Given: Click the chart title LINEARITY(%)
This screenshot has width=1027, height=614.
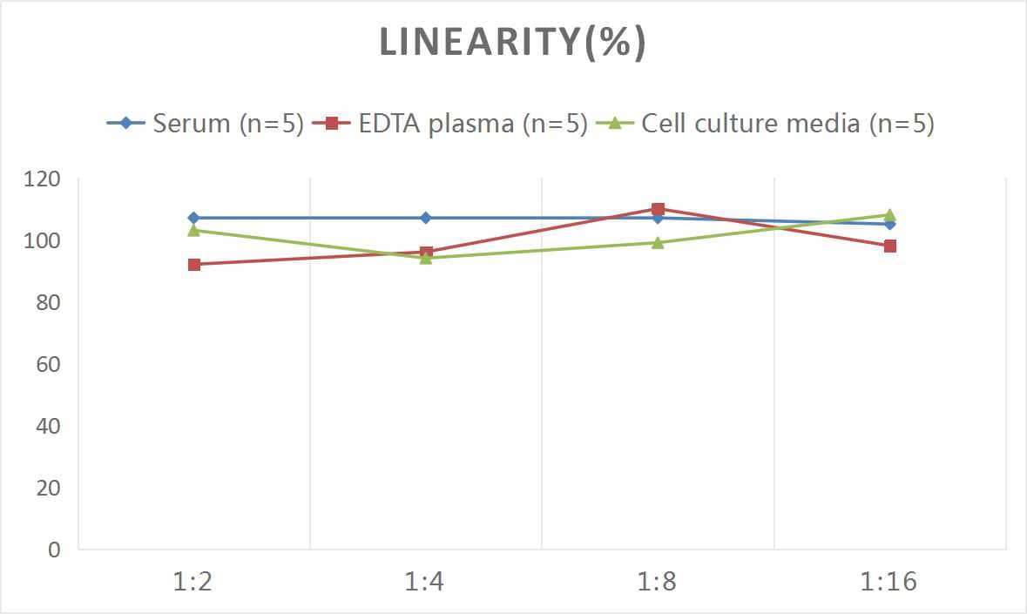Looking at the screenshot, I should click(x=512, y=44).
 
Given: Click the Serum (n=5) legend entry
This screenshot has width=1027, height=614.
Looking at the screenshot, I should click(x=205, y=124).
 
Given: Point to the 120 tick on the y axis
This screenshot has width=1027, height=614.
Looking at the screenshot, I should click(x=43, y=179).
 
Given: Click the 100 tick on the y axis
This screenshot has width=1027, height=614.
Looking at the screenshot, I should click(x=43, y=240).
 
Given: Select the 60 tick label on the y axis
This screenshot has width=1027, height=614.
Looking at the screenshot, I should click(x=48, y=364).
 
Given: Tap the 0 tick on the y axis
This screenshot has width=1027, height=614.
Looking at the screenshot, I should click(x=55, y=550).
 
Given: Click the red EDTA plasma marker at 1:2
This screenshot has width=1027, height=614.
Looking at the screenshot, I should click(x=194, y=265).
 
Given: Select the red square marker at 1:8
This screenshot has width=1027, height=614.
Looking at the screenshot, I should click(x=658, y=209).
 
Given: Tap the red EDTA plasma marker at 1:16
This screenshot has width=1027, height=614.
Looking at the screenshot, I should click(x=889, y=246).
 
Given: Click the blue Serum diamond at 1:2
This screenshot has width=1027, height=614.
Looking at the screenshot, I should click(x=194, y=218).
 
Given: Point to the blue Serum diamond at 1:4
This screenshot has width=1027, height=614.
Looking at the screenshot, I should click(x=426, y=218).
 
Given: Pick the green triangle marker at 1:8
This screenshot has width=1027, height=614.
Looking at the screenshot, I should click(x=658, y=242).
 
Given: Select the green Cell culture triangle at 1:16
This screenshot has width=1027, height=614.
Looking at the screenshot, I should click(x=889, y=214).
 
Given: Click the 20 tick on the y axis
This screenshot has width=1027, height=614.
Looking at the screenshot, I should click(x=48, y=488).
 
